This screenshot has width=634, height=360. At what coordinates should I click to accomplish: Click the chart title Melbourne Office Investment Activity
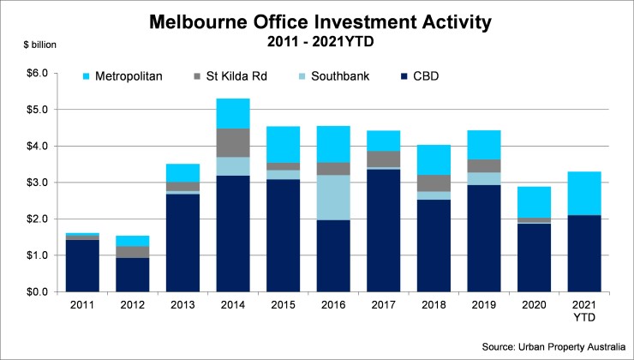(x=316, y=21)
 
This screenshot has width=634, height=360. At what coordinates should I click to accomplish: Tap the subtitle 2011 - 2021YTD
(x=316, y=40)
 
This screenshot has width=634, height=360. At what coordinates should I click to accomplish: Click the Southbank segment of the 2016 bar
(x=332, y=197)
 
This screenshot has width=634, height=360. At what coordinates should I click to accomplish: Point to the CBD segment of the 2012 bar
(x=133, y=274)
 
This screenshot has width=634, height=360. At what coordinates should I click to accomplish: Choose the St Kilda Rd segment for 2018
(x=433, y=183)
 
